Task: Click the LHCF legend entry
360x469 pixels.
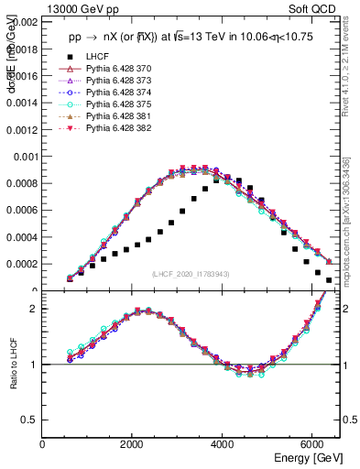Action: pos(97,57)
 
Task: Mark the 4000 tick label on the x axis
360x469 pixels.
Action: pos(223,444)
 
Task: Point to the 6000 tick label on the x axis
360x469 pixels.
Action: pos(312,444)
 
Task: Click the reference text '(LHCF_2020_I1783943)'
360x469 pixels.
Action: pos(191,275)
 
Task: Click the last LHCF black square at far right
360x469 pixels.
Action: pos(329,279)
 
